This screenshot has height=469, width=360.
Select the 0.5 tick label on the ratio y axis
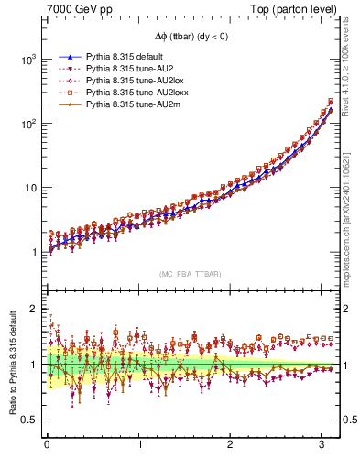[x=31, y=420]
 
